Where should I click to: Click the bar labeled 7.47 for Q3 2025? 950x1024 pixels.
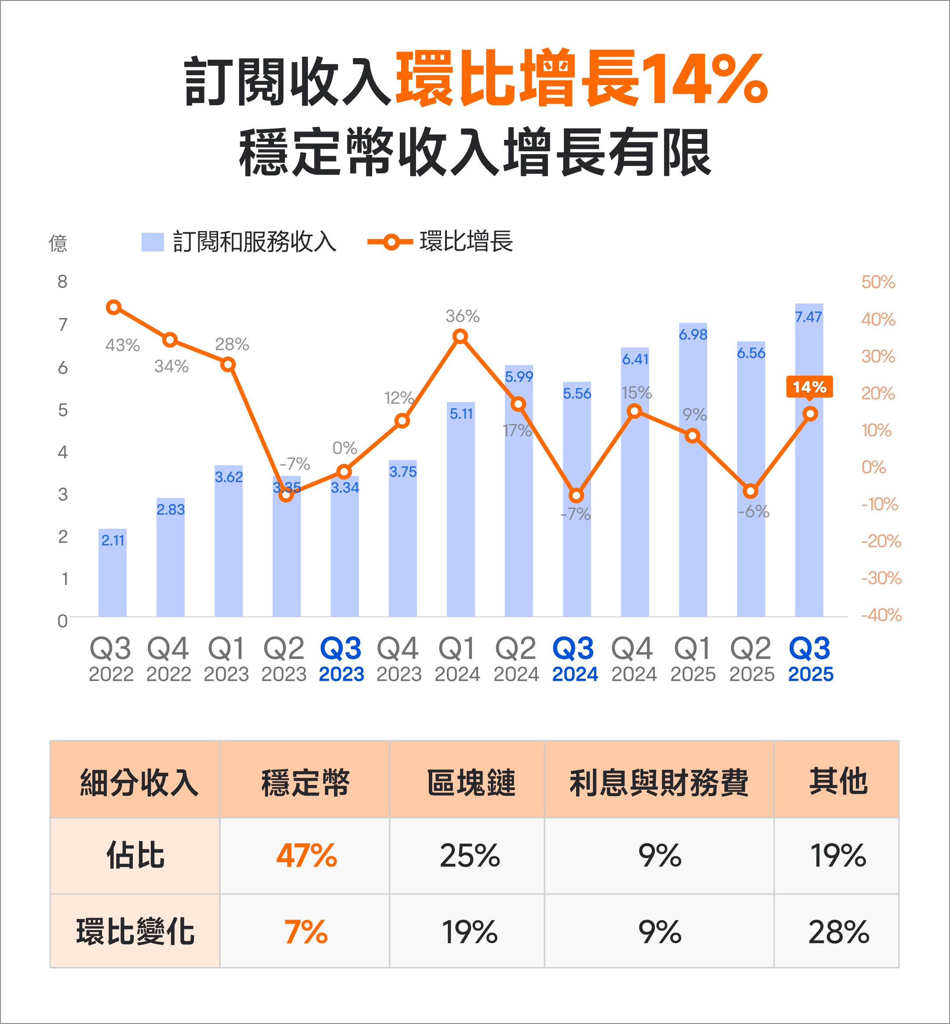pyautogui.click(x=809, y=463)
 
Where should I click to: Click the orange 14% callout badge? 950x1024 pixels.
pyautogui.click(x=809, y=387)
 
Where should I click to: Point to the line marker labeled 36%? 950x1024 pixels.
pyautogui.click(x=460, y=336)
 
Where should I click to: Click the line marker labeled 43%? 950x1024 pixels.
pyautogui.click(x=113, y=307)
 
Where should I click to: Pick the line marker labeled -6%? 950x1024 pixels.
pyautogui.click(x=750, y=491)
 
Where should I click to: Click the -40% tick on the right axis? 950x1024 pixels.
pyautogui.click(x=881, y=615)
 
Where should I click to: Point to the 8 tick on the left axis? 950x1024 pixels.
pyautogui.click(x=62, y=282)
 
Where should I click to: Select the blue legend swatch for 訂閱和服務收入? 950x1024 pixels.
pyautogui.click(x=153, y=242)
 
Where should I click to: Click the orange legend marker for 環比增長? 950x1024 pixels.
pyautogui.click(x=391, y=242)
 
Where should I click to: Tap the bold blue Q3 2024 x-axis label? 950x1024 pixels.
pyautogui.click(x=574, y=658)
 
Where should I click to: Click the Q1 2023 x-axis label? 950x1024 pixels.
pyautogui.click(x=226, y=658)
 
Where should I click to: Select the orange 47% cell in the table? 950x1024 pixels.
pyautogui.click(x=307, y=856)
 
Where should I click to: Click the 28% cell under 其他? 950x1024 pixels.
pyautogui.click(x=838, y=932)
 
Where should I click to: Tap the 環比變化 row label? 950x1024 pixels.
pyautogui.click(x=135, y=932)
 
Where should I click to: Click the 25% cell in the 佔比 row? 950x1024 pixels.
pyautogui.click(x=469, y=856)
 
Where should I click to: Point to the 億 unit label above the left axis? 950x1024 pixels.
pyautogui.click(x=58, y=243)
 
